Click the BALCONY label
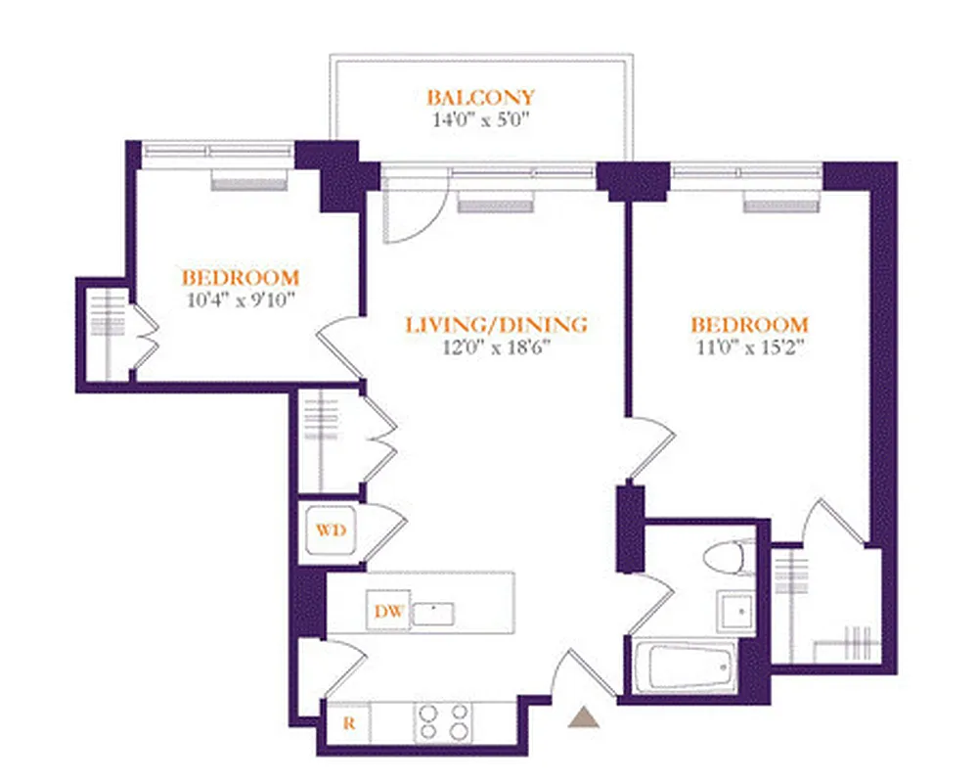(480, 97)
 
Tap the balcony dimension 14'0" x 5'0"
(480, 121)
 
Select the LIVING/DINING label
(497, 324)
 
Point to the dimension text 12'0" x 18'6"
(497, 348)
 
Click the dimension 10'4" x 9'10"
(241, 300)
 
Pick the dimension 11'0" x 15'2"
(749, 348)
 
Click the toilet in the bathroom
(728, 558)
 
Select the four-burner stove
(443, 724)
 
